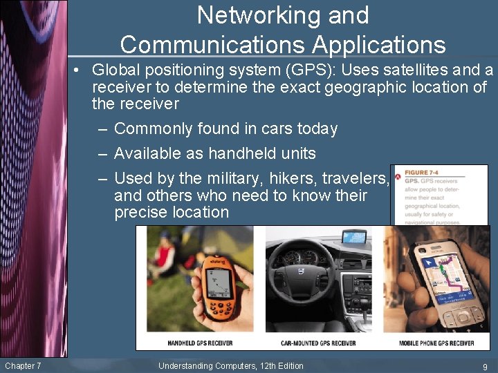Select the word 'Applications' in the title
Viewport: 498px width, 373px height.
point(379,45)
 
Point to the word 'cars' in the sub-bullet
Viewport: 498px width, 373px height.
point(271,129)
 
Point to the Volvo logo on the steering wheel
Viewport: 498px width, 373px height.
point(301,271)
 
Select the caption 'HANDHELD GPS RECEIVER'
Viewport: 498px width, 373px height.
point(200,343)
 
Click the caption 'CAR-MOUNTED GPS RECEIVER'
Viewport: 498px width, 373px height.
point(318,343)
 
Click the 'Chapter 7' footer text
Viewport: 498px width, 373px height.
point(23,365)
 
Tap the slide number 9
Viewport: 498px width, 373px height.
point(484,367)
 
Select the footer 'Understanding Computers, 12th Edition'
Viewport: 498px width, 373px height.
point(231,366)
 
